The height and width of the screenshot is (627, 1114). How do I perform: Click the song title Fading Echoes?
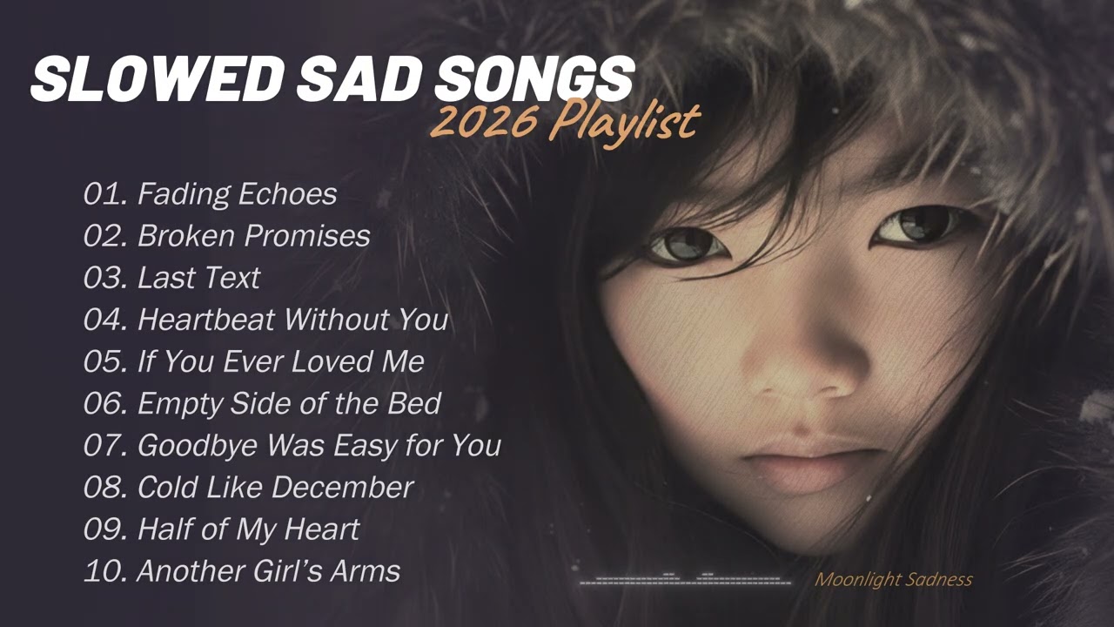pos(237,194)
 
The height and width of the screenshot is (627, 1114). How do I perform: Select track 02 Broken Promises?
pos(253,236)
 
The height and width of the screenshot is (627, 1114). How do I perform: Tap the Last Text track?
pos(198,278)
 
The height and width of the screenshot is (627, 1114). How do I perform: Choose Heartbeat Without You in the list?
pos(292,320)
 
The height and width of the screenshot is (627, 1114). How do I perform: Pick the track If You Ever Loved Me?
pos(280,361)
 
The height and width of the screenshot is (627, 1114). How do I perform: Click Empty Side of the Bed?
pos(289,403)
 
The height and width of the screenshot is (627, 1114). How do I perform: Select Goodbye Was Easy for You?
pos(319,445)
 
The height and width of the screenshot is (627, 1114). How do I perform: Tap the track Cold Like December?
pos(275,487)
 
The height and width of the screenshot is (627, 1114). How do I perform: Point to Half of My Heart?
pos(248,529)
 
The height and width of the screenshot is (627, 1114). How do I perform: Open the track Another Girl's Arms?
pos(268,570)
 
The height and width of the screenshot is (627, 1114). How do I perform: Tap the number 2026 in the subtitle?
pos(483,121)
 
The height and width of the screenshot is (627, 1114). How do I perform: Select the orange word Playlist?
pos(624,122)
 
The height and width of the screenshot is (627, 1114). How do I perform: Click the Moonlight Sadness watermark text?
pos(893,580)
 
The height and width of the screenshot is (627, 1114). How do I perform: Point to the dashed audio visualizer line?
pos(685,579)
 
